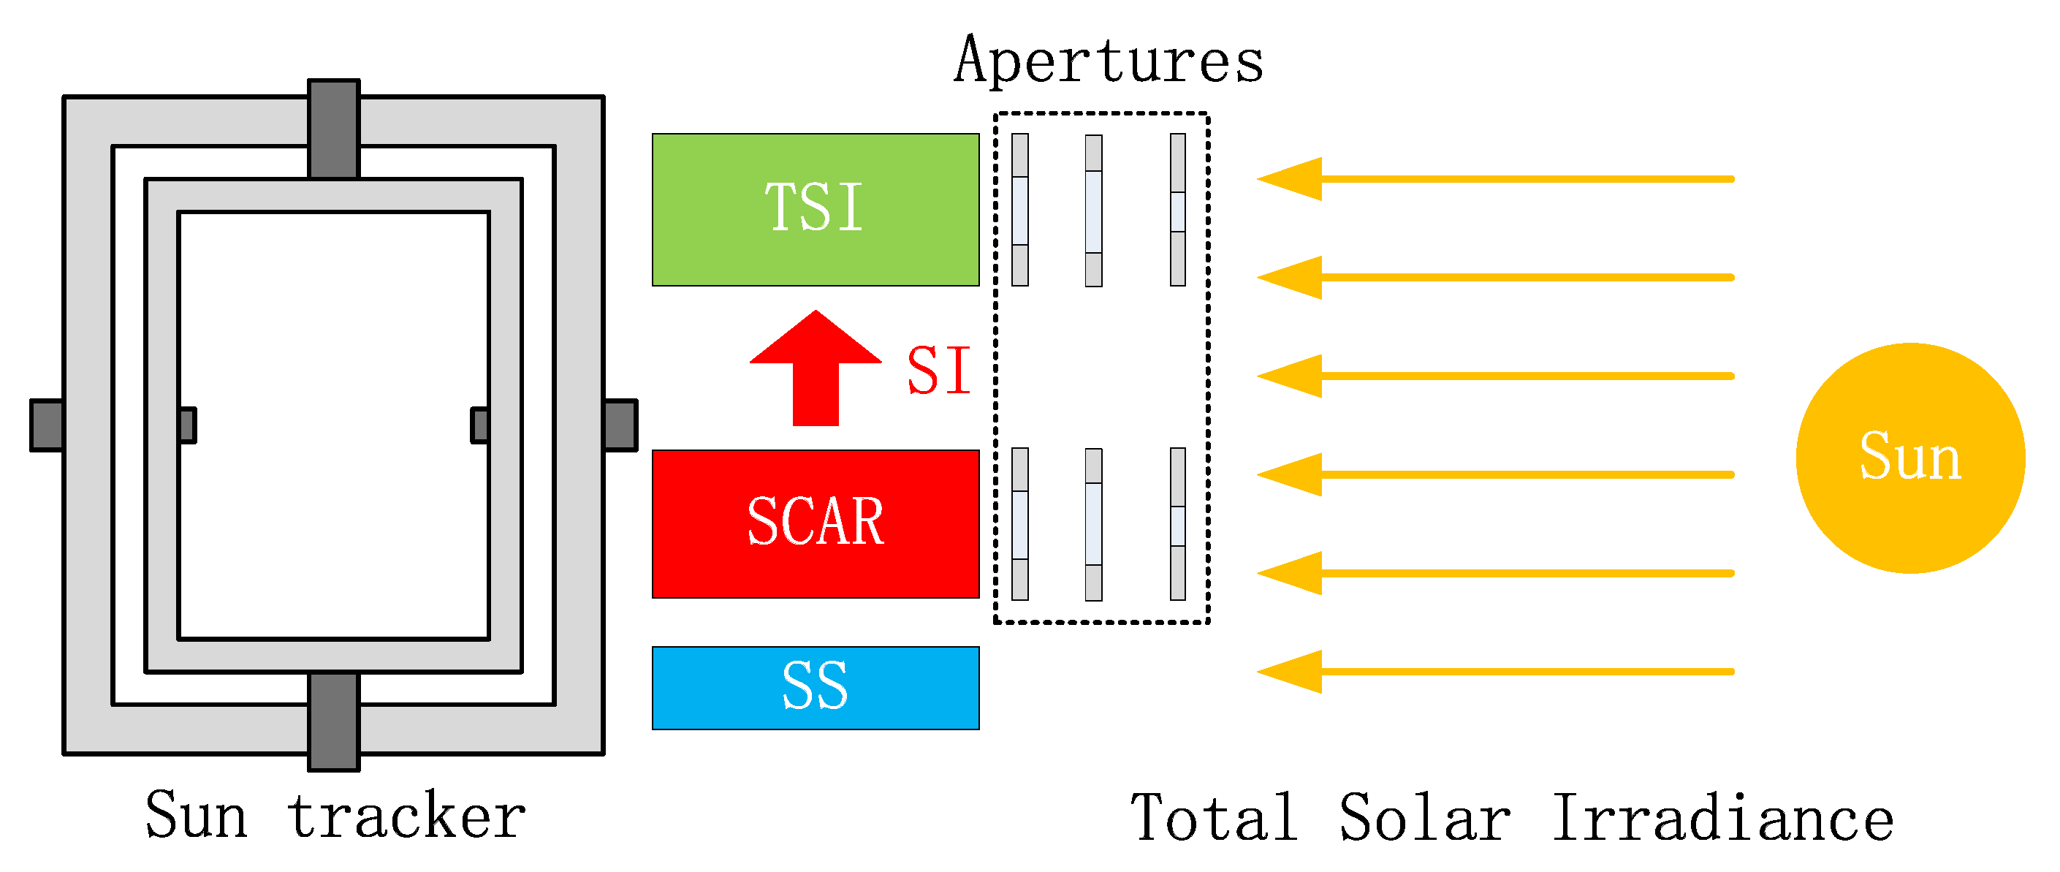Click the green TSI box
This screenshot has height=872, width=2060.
tap(815, 210)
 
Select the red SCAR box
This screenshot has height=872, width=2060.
tap(815, 524)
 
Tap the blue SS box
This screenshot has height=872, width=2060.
tap(815, 688)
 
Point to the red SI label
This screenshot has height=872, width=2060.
tap(938, 371)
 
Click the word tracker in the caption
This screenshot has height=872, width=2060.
tap(406, 815)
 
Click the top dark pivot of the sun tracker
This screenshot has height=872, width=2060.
tap(333, 128)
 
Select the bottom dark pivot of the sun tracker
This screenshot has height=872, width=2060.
tap(333, 721)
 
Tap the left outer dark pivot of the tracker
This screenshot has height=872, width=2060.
tap(47, 425)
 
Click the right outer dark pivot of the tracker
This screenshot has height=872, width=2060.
tap(620, 425)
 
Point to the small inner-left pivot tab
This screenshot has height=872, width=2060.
tap(188, 425)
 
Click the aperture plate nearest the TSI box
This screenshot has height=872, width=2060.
tap(1019, 210)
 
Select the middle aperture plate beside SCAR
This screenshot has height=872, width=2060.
tap(1093, 524)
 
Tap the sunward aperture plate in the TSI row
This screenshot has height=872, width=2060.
tap(1177, 210)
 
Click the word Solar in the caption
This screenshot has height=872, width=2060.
tap(1424, 818)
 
